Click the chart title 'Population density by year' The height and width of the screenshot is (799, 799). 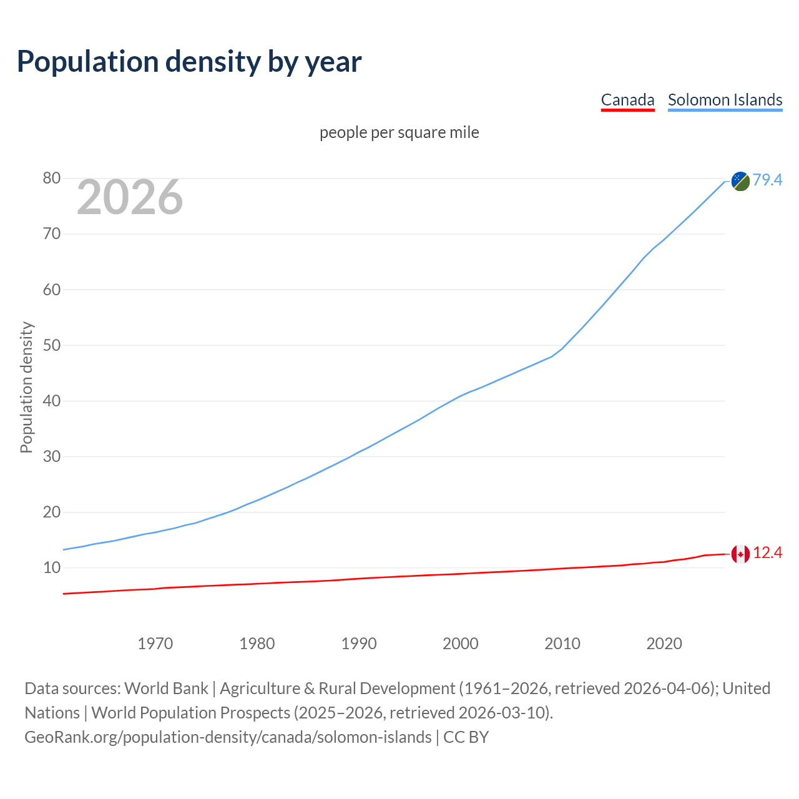click(189, 61)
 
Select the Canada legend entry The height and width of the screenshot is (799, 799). click(627, 100)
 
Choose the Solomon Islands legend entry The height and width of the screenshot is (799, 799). click(725, 100)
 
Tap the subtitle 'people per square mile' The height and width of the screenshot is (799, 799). click(399, 132)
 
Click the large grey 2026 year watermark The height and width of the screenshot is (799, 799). click(130, 197)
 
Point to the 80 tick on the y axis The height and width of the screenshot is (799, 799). click(52, 179)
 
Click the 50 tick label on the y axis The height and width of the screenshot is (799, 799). click(52, 345)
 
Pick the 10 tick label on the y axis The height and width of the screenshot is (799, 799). click(52, 568)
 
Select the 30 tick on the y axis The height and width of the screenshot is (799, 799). click(52, 456)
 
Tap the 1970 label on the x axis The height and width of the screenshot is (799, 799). click(155, 644)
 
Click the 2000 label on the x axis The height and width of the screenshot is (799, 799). click(461, 644)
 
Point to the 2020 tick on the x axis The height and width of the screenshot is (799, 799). click(664, 644)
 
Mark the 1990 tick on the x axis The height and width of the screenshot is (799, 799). click(359, 644)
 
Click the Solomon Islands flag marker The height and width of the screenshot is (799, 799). click(740, 181)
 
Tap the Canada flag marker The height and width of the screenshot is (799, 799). click(740, 554)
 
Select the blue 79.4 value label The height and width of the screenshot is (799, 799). click(767, 180)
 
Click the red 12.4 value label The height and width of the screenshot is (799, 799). click(767, 553)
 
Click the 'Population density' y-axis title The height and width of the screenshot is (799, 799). click(26, 387)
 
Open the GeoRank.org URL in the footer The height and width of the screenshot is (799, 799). click(228, 737)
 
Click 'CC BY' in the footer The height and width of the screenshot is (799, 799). click(466, 737)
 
